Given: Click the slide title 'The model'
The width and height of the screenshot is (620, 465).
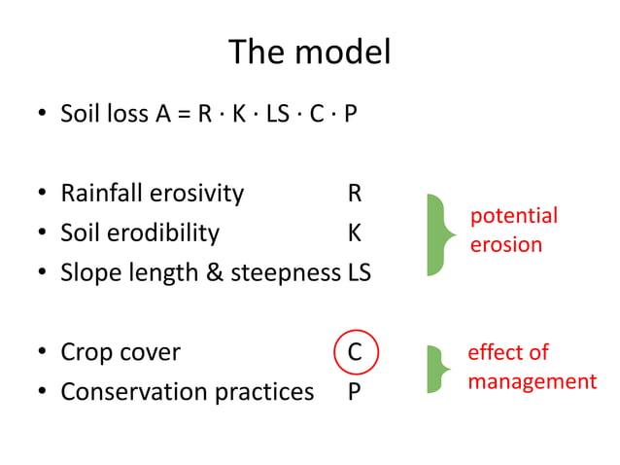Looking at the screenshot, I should [309, 52].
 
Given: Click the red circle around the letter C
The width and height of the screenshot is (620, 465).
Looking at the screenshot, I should [355, 352].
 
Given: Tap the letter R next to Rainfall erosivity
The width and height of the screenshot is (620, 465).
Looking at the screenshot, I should [355, 194].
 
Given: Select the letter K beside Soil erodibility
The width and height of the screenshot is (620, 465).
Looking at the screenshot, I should [355, 233].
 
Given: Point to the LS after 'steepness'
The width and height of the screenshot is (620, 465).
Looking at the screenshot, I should [359, 273].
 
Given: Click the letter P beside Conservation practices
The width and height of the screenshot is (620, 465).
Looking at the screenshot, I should [355, 392].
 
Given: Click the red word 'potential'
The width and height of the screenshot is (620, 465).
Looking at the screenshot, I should [514, 216].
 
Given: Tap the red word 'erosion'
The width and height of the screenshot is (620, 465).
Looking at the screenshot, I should [506, 244].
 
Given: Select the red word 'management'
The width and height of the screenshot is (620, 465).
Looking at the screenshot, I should [532, 381].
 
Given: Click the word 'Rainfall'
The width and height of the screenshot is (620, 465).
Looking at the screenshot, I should [101, 194].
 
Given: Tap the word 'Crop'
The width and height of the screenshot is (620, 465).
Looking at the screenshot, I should [86, 352].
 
